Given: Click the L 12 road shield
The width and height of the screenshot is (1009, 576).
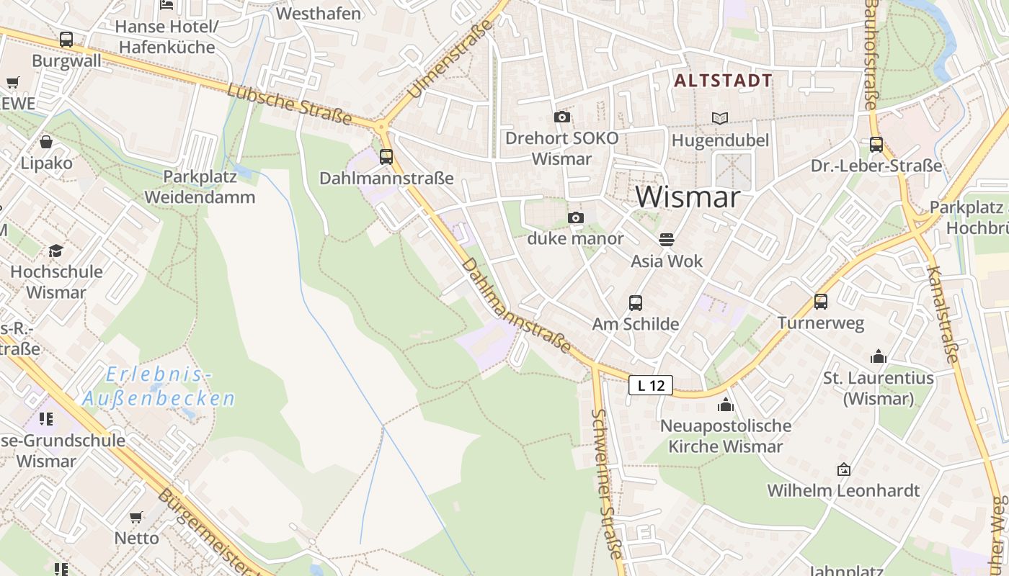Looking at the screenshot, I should pos(651,385).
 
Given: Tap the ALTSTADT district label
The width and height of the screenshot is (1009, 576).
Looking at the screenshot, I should pos(723,81).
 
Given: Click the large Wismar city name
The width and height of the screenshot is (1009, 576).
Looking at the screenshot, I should pos(688,197).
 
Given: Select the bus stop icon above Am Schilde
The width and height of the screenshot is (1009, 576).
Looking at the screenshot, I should pos(635,303).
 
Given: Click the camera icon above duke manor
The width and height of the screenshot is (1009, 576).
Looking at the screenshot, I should pos(575,217).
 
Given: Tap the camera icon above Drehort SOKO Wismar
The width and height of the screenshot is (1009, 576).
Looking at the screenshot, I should pos(561,117).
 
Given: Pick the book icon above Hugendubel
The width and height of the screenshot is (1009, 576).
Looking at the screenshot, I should pos(719,118).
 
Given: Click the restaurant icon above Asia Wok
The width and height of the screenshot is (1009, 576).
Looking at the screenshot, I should pos(667,239).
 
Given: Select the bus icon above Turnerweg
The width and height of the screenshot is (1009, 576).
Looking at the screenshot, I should pos(820,302).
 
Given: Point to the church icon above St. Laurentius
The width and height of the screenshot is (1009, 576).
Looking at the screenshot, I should pos(878,356).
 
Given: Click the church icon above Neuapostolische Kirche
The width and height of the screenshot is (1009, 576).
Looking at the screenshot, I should pos(725,405).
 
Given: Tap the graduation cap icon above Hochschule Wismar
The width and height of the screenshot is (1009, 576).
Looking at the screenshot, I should pos(55,251).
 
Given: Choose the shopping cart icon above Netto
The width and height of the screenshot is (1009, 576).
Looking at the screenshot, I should pos(135,516).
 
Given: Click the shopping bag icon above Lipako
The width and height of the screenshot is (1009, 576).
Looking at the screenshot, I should pos(46,142).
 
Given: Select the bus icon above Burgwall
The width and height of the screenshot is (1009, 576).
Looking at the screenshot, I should pos(66,40).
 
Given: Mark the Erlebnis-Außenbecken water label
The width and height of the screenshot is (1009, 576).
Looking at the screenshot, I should pos(159,387).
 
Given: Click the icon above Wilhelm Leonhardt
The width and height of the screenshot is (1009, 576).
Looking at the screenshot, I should pos(843,469).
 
